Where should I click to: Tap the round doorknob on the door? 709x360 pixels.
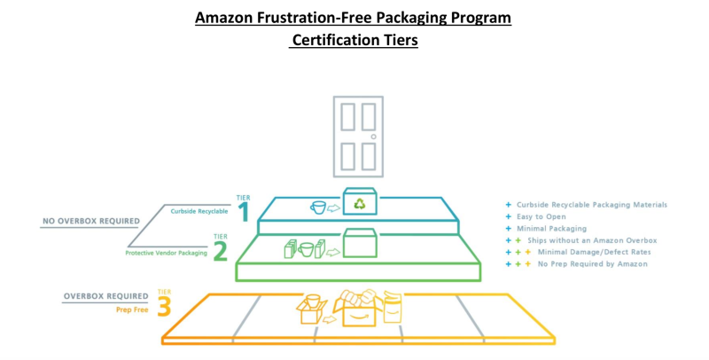(374, 137)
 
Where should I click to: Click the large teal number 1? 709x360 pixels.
(242, 211)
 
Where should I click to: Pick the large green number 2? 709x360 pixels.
(219, 249)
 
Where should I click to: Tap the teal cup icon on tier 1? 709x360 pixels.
(318, 207)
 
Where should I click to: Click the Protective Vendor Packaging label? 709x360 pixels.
(166, 253)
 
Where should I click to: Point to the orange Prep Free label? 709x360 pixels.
(131, 310)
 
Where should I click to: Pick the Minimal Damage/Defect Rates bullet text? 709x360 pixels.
(593, 252)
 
